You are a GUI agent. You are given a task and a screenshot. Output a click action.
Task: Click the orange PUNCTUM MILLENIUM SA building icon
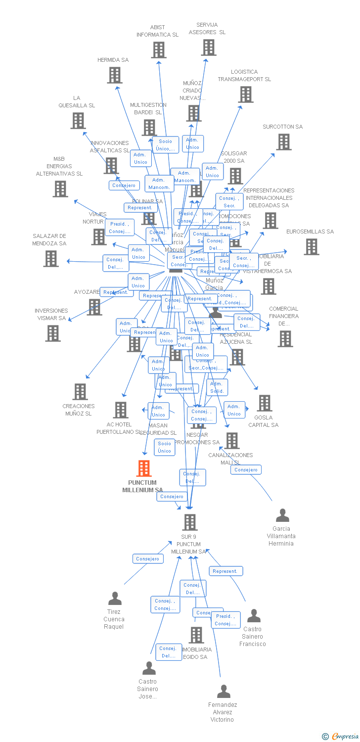pos(144,468)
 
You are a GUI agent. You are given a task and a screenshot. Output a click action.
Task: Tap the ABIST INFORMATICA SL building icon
pos(158,50)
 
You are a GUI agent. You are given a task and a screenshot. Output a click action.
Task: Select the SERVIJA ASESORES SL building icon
pos(209,47)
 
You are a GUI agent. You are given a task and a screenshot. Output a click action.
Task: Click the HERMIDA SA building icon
pos(115,75)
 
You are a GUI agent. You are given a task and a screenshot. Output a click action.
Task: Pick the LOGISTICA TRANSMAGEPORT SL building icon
pos(246,94)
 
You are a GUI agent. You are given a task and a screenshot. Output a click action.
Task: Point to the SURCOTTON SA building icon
pos(283,142)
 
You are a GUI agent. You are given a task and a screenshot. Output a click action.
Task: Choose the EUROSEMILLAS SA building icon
pos(311,247)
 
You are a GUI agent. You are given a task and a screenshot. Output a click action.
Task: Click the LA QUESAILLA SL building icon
pos(78,121)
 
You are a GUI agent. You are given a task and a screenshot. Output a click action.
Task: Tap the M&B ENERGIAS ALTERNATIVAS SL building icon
pos(60,189)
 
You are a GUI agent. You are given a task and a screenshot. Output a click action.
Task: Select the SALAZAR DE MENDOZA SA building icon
pos(51,259)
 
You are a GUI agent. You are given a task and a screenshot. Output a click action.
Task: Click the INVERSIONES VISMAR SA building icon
pos(53,333)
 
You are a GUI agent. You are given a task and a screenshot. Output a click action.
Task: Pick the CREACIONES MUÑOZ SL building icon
pos(80,392)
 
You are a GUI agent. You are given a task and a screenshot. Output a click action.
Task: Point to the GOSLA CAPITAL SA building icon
pos(265,403)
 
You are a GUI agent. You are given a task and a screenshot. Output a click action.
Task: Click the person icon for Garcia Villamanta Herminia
pos(282,515)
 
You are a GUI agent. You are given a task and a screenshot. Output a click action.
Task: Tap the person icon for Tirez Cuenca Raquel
pos(115,599)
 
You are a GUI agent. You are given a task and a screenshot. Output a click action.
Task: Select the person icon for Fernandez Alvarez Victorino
pos(224,692)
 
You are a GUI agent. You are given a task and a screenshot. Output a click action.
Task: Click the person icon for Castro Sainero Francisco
pos(254,616)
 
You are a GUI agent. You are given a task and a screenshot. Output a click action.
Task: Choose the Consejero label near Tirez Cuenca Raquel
pos(148,559)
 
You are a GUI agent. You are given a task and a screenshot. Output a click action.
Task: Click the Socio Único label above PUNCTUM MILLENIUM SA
pos(165,447)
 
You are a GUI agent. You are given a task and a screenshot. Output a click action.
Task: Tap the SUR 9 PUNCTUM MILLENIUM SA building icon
pos(190,522)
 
